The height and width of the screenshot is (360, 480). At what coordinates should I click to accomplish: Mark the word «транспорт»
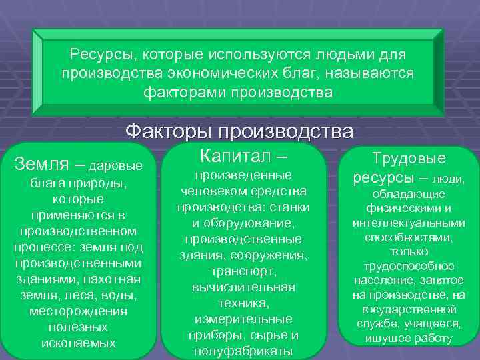tap(243, 272)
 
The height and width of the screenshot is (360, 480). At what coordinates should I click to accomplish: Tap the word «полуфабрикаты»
tap(243, 351)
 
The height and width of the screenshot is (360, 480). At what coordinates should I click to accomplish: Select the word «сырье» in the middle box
tap(265, 335)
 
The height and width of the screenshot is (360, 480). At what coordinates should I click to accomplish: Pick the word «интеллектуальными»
tap(409, 222)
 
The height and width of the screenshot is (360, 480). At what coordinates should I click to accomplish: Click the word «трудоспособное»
tap(409, 266)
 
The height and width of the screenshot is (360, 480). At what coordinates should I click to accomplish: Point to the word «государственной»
tap(409, 309)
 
